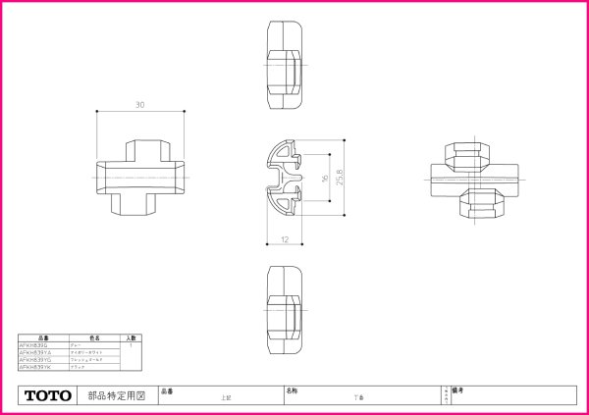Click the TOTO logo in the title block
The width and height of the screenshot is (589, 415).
tap(48, 396)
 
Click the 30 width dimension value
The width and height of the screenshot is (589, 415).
tap(140, 105)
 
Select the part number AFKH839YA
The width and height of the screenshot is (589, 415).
tap(35, 352)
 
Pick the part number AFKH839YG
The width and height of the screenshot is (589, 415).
tap(35, 359)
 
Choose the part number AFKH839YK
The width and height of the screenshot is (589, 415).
tap(35, 366)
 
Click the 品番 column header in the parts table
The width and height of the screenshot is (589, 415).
tap(42, 337)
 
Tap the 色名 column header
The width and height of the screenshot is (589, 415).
tap(95, 337)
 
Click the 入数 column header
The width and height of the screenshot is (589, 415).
tap(131, 337)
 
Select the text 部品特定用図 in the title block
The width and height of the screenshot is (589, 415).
tap(117, 396)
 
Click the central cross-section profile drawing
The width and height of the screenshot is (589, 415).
tap(284, 182)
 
